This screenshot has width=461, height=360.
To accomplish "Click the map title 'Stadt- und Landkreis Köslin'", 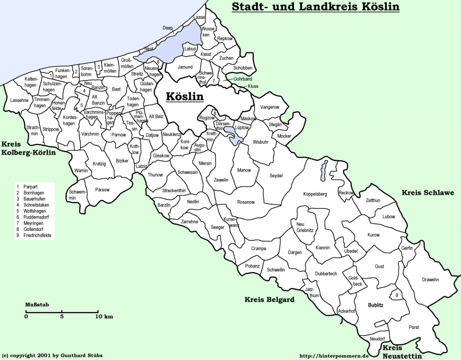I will [315, 7].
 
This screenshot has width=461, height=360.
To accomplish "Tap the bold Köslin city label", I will [185, 96].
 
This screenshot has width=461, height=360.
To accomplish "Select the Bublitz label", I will [375, 306].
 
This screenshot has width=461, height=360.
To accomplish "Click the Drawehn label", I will [430, 279].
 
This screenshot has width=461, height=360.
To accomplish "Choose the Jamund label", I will [185, 67].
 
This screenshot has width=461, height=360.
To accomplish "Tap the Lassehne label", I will [19, 100].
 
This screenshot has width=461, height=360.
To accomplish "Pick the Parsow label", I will [102, 190].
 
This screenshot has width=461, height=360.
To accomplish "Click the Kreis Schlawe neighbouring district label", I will [428, 193].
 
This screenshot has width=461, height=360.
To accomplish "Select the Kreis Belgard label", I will [269, 300].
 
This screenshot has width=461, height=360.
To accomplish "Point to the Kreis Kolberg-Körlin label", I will [28, 148].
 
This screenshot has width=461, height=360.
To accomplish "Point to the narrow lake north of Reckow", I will [323, 171].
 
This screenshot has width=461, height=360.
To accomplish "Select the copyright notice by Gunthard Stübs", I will [52, 355].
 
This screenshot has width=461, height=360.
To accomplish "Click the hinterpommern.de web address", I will [334, 355].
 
